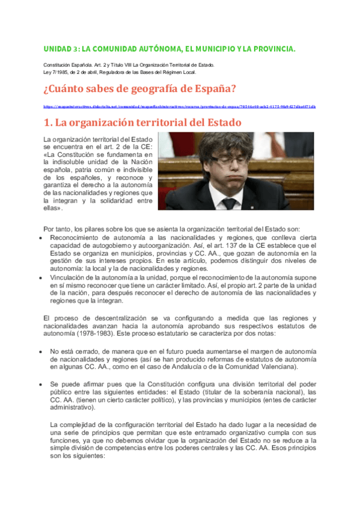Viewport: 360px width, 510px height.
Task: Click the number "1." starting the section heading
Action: tap(48, 123)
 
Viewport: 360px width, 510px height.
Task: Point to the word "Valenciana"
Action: tap(287, 367)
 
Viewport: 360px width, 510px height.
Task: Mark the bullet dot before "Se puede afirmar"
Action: tap(40, 383)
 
